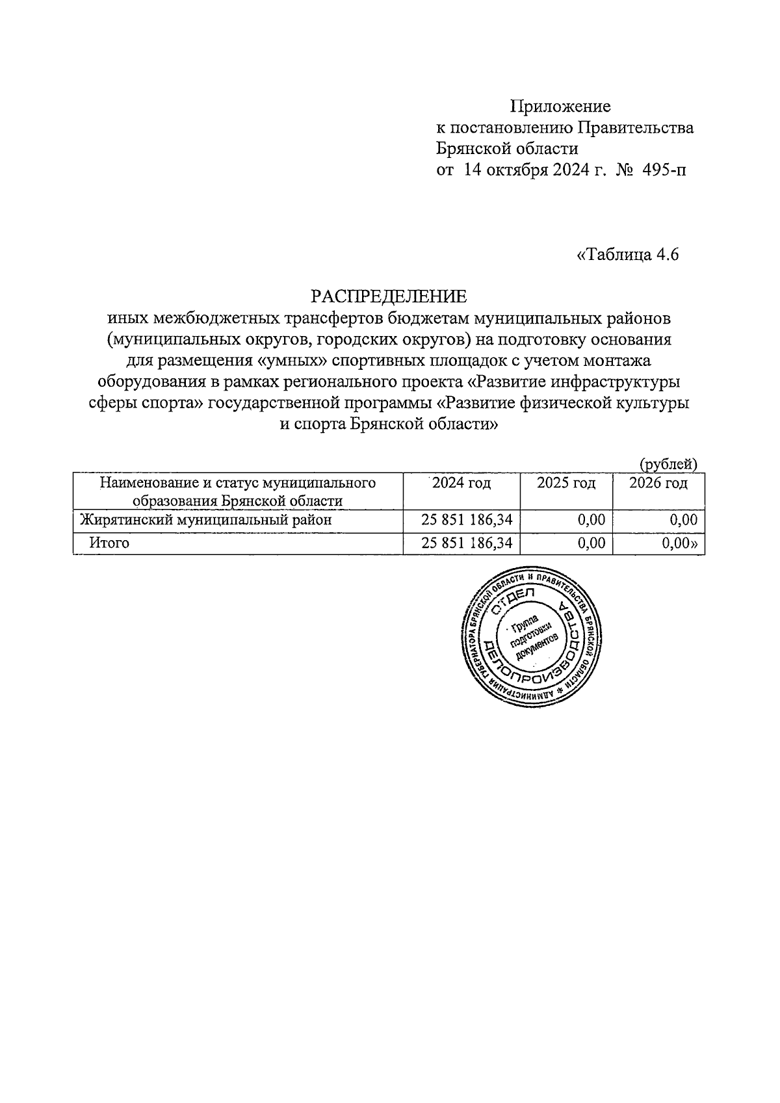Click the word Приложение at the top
[560, 105]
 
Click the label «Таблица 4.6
[627, 255]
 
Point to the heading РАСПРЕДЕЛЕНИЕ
[389, 296]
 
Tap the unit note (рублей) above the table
[668, 464]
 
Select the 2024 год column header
[461, 483]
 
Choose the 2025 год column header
[566, 483]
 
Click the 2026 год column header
[658, 483]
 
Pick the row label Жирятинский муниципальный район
[205, 520]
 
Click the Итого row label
[109, 543]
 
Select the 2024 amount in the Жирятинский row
[467, 520]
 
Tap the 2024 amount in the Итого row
[467, 543]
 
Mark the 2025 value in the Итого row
[591, 543]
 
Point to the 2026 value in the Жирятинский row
[683, 520]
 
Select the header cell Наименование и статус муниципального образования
[237, 491]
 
